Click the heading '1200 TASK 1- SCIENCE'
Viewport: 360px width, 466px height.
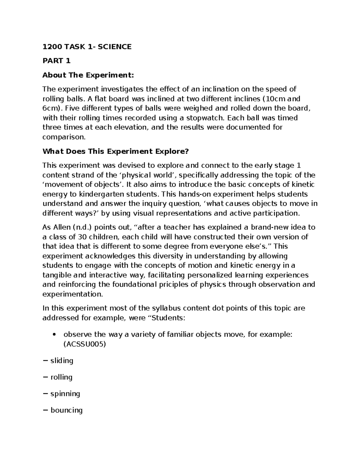click(x=87, y=47)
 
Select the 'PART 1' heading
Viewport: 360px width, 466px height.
click(x=56, y=61)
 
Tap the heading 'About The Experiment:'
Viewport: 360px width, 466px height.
click(x=88, y=75)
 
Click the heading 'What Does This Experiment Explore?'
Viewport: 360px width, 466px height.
click(x=115, y=151)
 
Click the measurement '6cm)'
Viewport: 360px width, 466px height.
click(x=51, y=108)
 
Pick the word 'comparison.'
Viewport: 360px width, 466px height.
click(x=64, y=137)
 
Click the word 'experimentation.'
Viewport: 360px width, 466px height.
click(x=73, y=294)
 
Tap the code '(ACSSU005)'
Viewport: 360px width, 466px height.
click(x=85, y=344)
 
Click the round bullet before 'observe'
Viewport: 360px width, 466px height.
click(x=54, y=335)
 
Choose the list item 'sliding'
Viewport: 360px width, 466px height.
click(x=62, y=361)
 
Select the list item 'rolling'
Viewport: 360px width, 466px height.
click(x=61, y=377)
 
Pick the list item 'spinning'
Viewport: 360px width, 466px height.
click(x=65, y=393)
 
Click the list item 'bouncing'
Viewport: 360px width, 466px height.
click(x=66, y=410)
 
